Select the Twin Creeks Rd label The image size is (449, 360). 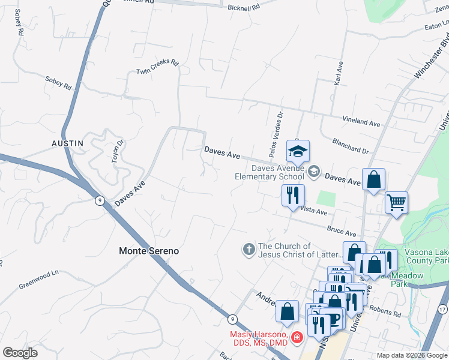coord(158,67)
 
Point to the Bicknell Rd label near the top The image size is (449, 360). coord(244,8)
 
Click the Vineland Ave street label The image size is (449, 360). coord(361,122)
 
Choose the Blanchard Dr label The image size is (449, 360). coord(350,146)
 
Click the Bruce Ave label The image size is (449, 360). coord(342,231)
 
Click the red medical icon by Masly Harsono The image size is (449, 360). coord(296,338)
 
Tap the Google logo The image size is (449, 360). coord(20,353)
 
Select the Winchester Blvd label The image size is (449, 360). coord(432,59)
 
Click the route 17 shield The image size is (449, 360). coord(442,309)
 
